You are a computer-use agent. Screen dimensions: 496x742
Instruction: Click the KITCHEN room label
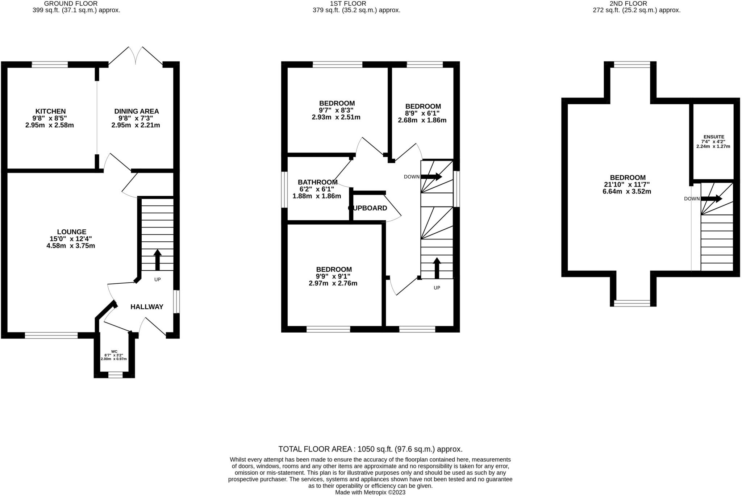[x=50, y=111]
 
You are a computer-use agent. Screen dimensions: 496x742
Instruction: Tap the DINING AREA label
[x=136, y=111]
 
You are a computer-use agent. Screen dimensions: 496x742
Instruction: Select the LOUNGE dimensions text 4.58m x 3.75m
[x=71, y=246]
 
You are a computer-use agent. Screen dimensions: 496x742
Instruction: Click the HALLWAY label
[x=147, y=307]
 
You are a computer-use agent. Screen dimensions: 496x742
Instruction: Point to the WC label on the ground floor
[x=114, y=351]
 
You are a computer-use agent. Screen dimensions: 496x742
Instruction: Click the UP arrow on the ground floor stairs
[x=157, y=260]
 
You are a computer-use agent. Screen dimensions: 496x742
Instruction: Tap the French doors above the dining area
[x=136, y=56]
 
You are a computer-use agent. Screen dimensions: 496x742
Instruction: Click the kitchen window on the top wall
[x=50, y=65]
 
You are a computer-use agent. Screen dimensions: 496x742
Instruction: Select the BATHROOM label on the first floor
[x=317, y=182]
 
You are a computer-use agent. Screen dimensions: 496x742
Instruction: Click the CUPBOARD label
[x=367, y=208]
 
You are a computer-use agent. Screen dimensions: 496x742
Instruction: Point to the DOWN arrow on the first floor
[x=431, y=177]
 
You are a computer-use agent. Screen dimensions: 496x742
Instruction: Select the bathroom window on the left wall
[x=284, y=189]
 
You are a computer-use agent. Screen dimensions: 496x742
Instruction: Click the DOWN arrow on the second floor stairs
[x=712, y=199]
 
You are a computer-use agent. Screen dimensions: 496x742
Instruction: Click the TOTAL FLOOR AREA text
[x=370, y=449]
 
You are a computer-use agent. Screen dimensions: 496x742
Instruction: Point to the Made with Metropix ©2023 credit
[x=370, y=492]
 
